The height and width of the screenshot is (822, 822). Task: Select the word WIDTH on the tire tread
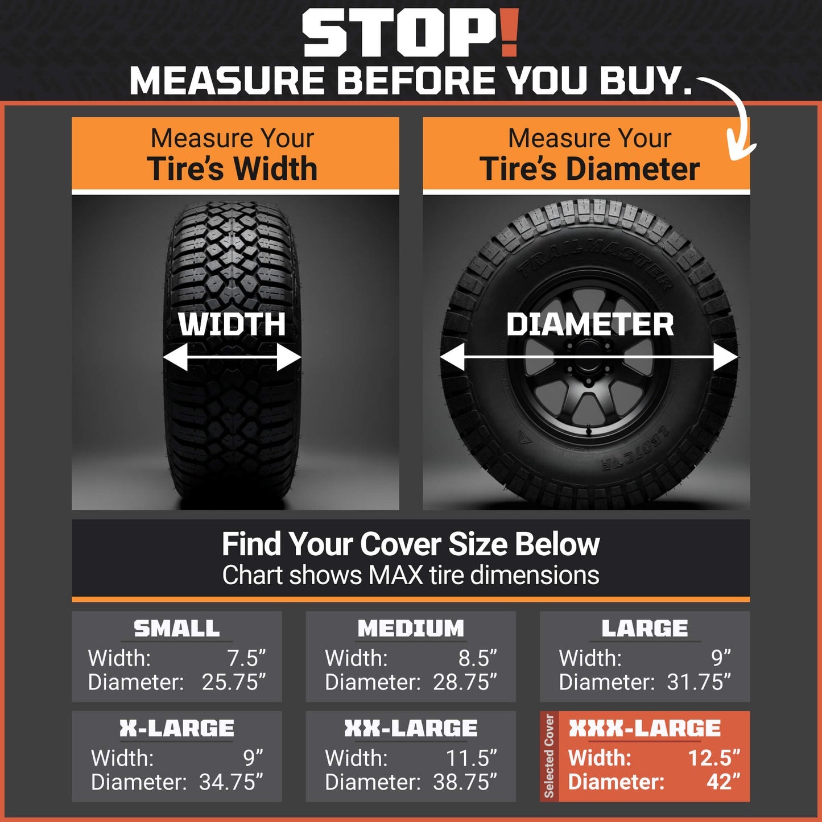(232, 324)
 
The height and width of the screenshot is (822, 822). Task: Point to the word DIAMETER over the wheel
(590, 324)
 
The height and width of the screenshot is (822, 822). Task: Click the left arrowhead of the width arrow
(175, 357)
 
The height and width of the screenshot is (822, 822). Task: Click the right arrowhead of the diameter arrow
(726, 357)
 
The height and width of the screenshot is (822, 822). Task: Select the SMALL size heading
(176, 628)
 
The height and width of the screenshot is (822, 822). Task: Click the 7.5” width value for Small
(246, 658)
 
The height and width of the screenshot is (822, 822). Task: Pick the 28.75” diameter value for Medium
(465, 681)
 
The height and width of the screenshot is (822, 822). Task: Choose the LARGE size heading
(645, 628)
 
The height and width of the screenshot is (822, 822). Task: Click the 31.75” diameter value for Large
(699, 681)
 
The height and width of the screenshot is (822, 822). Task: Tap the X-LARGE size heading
(176, 728)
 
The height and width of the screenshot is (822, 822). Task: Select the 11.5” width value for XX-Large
(472, 758)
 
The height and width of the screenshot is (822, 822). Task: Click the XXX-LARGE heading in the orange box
(645, 728)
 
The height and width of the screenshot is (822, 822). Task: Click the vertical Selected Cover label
(549, 756)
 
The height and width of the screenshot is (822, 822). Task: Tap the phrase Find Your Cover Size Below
(410, 545)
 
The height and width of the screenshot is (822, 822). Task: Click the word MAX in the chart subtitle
(395, 575)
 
